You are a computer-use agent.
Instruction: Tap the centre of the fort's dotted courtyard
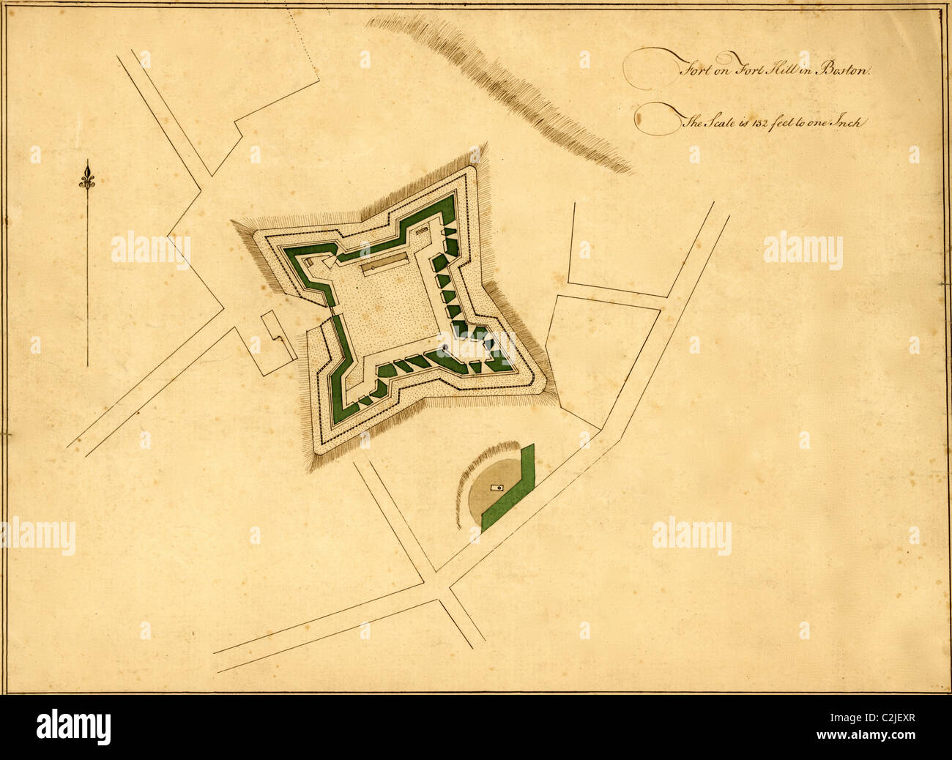388,308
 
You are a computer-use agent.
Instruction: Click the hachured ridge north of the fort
505,88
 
